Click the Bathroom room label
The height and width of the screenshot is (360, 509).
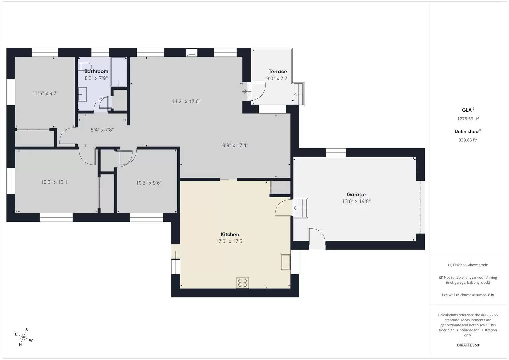click(96, 71)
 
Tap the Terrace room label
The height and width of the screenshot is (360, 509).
click(278, 71)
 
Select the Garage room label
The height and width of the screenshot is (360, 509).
click(356, 194)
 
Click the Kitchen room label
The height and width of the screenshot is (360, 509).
click(230, 234)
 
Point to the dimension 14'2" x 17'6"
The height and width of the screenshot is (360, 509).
click(186, 101)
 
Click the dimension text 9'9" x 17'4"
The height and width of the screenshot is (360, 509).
click(235, 145)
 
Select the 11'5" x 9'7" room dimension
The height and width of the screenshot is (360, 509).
click(45, 93)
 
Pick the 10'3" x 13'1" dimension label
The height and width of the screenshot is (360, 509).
click(55, 182)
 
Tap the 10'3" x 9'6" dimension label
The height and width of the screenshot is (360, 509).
click(149, 183)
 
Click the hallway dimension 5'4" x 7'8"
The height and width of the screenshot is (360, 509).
click(102, 130)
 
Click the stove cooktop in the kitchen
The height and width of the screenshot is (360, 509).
click(242, 283)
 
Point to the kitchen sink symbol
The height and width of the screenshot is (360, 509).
click(286, 262)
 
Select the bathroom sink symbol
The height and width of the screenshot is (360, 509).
click(82, 95)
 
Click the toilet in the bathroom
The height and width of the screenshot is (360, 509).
click(85, 65)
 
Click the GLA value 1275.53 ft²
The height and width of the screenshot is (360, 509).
click(468, 119)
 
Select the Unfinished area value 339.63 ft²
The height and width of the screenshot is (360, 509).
click(468, 140)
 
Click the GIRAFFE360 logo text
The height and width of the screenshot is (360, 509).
click(468, 345)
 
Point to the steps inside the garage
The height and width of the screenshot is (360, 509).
click(300, 208)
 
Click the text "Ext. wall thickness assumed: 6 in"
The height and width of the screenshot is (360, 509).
click(468, 295)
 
